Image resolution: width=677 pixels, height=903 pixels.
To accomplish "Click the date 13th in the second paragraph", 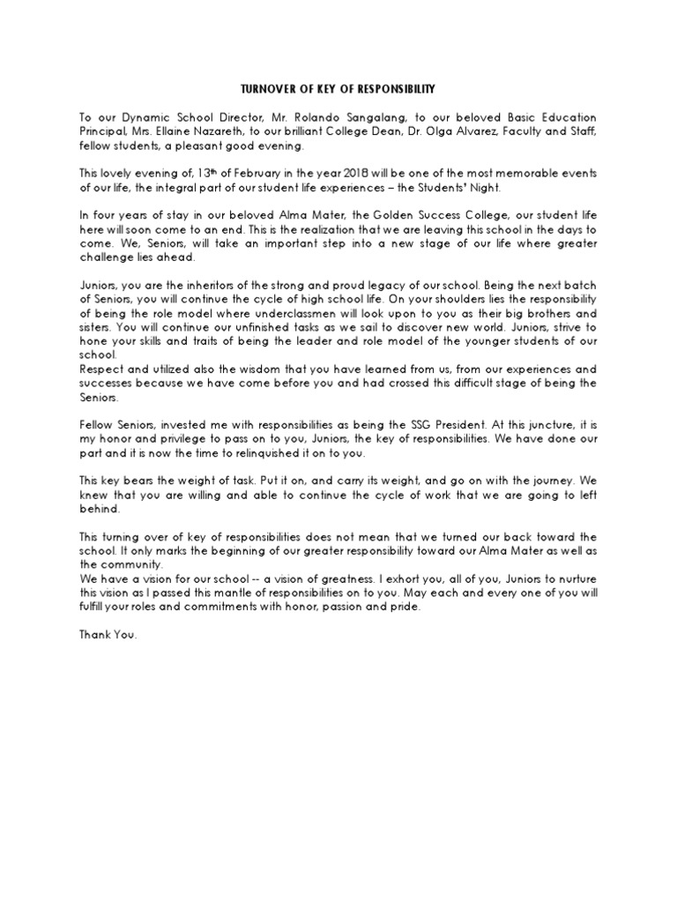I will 206,174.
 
